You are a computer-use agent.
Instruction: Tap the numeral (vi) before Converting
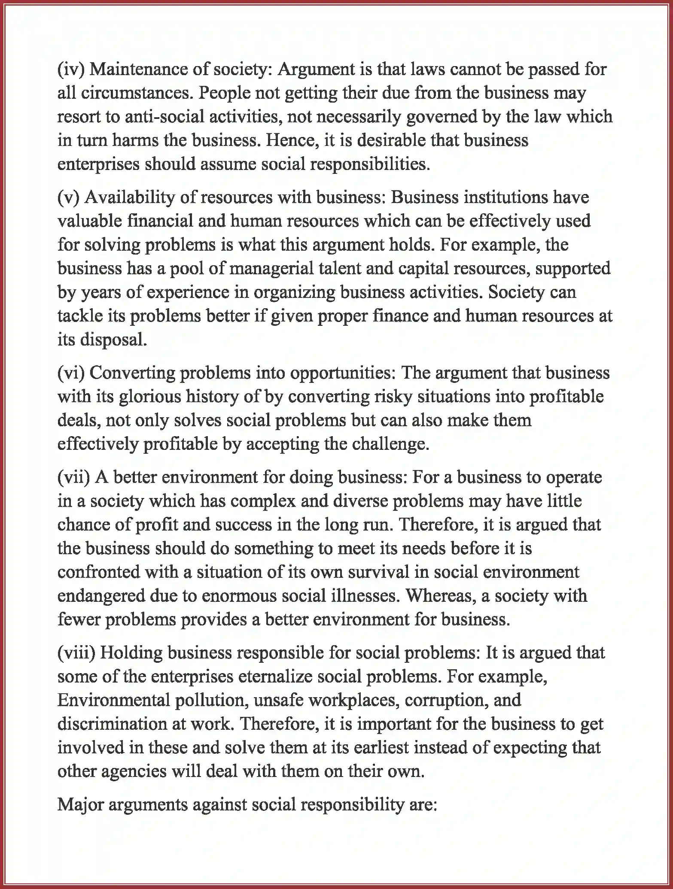point(71,373)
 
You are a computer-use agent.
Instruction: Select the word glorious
point(150,396)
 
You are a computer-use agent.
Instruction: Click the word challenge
point(390,444)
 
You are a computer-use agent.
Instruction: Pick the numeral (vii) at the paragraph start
point(73,477)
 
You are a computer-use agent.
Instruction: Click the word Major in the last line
point(80,804)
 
